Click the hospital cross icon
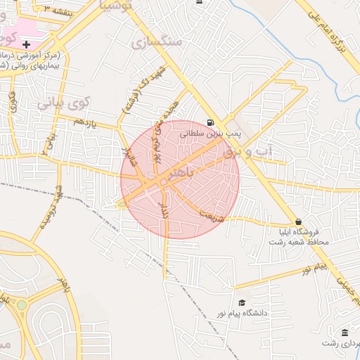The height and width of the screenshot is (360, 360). (x=27, y=44)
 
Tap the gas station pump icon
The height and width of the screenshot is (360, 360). (x=211, y=122)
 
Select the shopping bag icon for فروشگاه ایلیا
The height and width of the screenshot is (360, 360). (x=298, y=221)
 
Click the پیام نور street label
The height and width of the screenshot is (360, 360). (x=312, y=269)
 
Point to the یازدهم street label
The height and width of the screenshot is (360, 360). (x=84, y=122)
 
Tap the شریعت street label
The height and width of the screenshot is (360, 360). (x=211, y=215)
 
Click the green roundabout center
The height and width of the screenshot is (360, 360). (x=22, y=305)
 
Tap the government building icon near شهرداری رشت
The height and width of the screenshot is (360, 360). (x=345, y=332)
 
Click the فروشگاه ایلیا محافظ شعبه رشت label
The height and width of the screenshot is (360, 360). (x=295, y=236)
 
